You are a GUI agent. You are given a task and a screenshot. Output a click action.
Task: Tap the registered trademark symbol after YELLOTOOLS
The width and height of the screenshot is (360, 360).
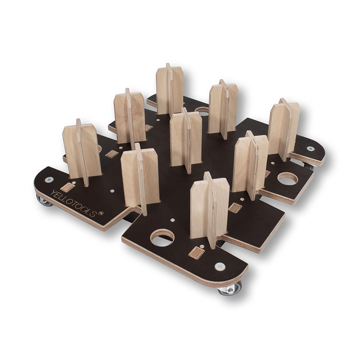(x=100, y=213)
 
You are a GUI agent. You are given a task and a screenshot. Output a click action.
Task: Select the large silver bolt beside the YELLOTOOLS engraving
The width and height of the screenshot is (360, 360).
(x=49, y=180)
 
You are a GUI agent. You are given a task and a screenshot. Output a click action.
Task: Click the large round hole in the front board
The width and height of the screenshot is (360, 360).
(x=162, y=237)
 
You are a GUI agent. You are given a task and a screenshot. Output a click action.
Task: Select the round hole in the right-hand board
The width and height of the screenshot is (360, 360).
(x=288, y=179)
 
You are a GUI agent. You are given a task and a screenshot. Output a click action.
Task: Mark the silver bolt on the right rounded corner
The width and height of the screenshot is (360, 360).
(x=310, y=148)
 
